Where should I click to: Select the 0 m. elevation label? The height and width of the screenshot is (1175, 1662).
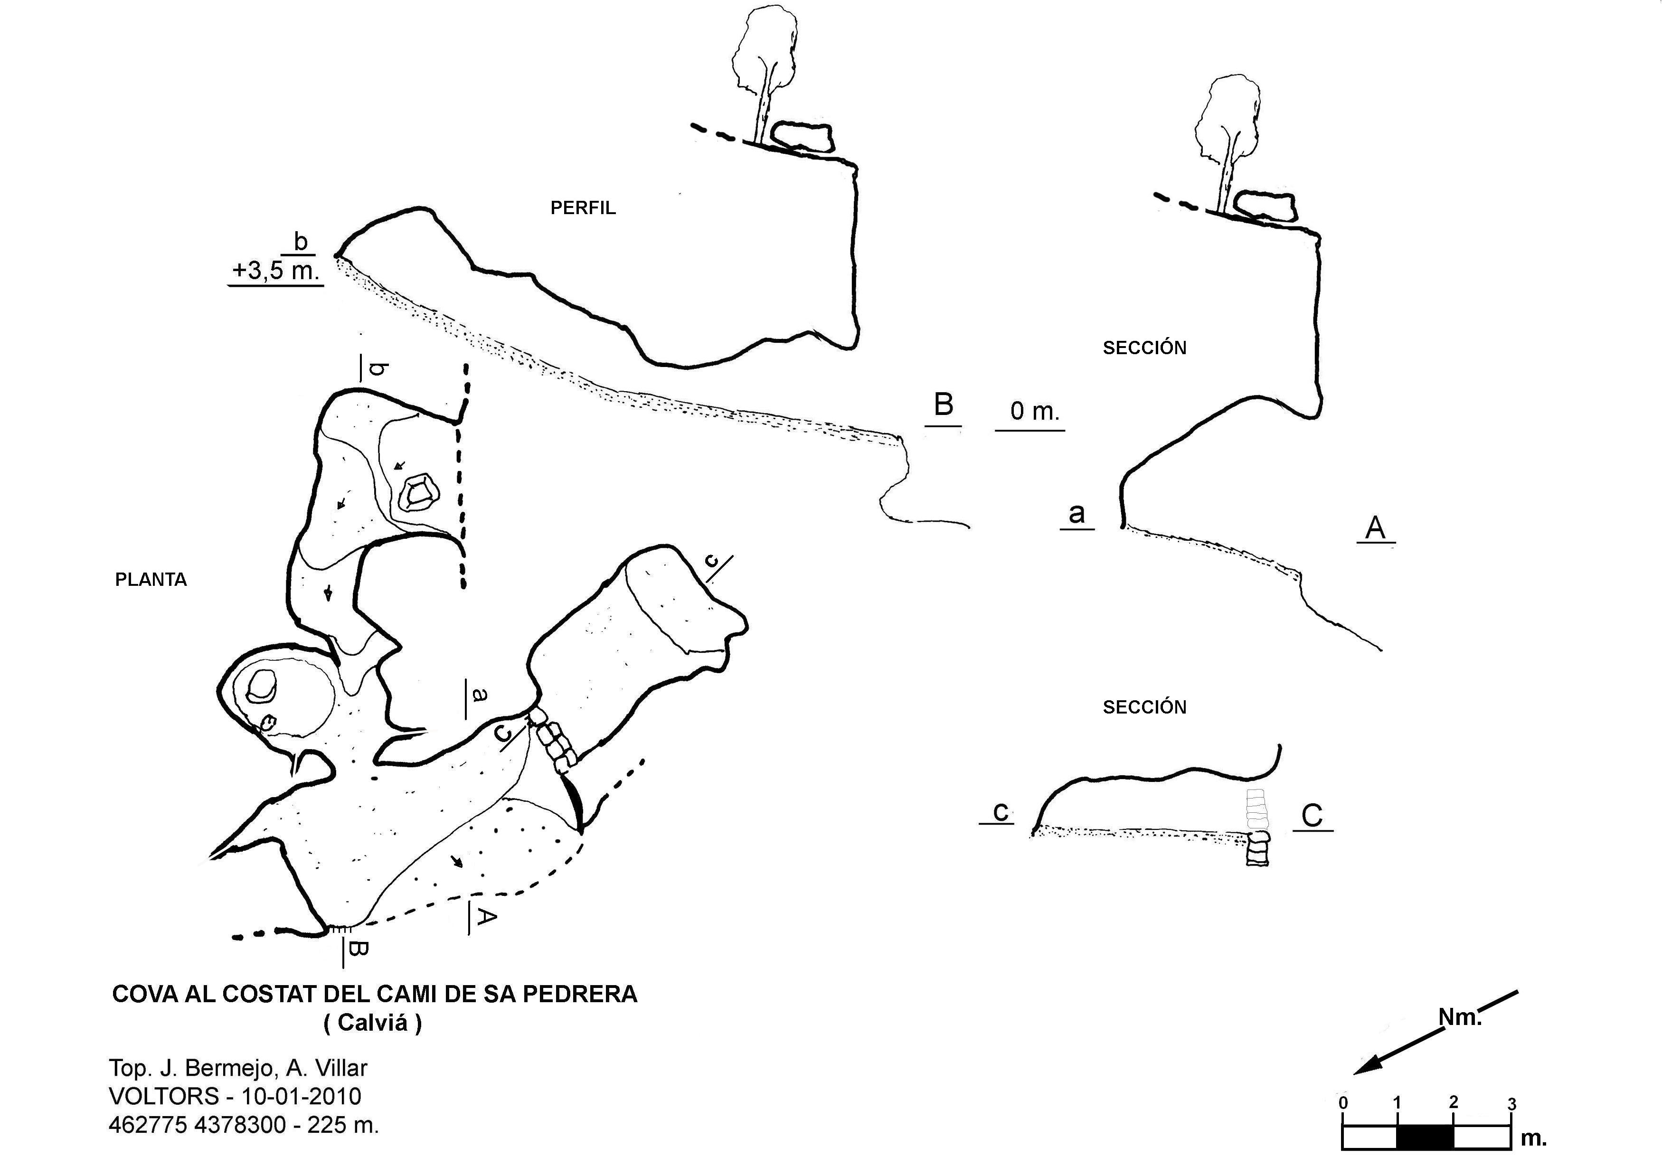1034,412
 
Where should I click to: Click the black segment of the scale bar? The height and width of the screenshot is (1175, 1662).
1425,1137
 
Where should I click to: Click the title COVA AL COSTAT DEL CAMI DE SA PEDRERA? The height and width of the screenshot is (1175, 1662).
374,994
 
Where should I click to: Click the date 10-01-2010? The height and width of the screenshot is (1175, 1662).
301,1096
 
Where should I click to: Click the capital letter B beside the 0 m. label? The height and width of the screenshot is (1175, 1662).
943,404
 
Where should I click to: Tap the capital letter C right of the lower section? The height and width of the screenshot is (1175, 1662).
1312,816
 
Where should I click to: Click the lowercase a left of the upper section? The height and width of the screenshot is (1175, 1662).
1077,513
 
